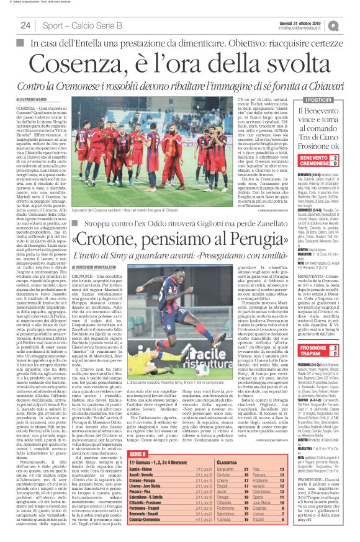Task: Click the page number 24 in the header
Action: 25,25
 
